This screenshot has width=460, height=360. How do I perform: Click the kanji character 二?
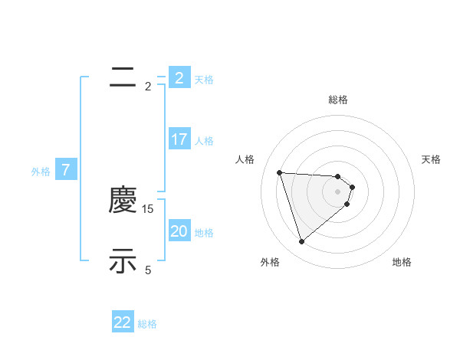coord(123,77)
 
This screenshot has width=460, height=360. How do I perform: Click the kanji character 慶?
coord(123,201)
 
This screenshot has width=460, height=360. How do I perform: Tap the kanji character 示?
coord(123,261)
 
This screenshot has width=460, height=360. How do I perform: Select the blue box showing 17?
coord(179,139)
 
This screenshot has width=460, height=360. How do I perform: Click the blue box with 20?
coord(179,231)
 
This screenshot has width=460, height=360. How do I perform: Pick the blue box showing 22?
coord(123,322)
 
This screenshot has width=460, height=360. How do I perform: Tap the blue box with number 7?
coord(66,170)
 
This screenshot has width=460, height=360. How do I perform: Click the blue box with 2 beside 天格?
coord(179,78)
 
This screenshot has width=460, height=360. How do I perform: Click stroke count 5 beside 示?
coord(149,270)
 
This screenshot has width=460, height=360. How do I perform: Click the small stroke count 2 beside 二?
coord(149,87)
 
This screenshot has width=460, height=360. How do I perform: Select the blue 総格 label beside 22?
coord(147,324)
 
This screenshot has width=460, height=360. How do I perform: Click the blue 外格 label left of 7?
coord(41,172)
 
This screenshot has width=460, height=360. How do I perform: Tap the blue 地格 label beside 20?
coord(204,233)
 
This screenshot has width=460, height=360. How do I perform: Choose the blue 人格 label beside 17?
coord(204,141)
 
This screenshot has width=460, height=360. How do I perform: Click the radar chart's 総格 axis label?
coord(338,100)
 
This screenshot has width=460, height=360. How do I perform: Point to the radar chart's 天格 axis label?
coord(432,159)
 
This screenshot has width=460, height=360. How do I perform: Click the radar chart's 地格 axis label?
coord(402,262)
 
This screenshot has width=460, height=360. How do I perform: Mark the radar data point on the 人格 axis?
coord(280,172)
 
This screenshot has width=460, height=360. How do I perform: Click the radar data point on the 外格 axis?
coord(302,242)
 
